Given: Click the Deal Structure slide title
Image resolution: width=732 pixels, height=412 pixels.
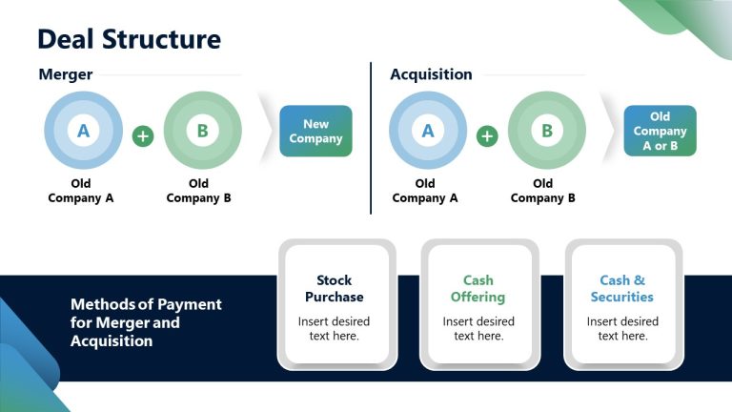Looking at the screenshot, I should [129, 39].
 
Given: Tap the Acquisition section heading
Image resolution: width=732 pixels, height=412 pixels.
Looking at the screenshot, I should [431, 74].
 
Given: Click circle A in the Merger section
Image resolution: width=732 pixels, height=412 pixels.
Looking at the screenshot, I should [83, 132].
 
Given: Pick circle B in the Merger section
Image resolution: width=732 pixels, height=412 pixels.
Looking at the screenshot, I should [202, 132].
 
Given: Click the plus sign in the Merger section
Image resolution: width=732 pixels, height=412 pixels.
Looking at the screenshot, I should [143, 136].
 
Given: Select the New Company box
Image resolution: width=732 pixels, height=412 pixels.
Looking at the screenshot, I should [315, 132].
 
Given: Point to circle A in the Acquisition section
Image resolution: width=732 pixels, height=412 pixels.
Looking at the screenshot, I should [427, 132].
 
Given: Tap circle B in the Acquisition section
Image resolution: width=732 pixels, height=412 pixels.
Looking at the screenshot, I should [546, 132].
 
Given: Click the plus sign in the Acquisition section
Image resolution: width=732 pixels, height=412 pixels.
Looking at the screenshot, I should [487, 136].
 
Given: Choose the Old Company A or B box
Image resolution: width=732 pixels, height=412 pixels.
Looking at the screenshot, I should [660, 132].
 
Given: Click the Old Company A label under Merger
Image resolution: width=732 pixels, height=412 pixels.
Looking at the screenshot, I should [81, 191].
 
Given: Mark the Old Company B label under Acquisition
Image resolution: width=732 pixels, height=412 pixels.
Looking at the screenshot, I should [543, 191].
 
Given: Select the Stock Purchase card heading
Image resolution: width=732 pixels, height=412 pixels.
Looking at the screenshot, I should [334, 288].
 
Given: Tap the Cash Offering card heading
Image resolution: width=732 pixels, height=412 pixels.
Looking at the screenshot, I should [478, 288].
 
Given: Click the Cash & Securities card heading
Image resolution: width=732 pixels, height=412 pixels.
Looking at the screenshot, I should [622, 288].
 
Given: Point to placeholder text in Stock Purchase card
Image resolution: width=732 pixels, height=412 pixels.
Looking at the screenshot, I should [334, 328].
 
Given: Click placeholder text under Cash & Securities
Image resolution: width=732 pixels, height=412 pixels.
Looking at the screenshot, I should [622, 328].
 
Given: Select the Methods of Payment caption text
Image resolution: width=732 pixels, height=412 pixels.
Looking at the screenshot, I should [146, 322].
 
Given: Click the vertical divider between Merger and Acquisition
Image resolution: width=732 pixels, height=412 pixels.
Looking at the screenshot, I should [371, 138].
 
